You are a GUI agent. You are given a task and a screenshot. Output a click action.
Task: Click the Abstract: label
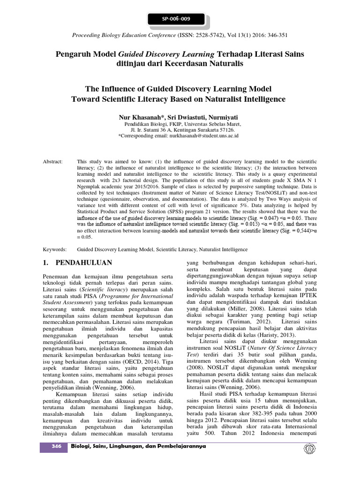(53, 161)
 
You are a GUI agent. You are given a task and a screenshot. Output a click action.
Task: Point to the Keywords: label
(55, 249)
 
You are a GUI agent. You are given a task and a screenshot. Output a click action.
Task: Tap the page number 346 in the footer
(53, 446)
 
